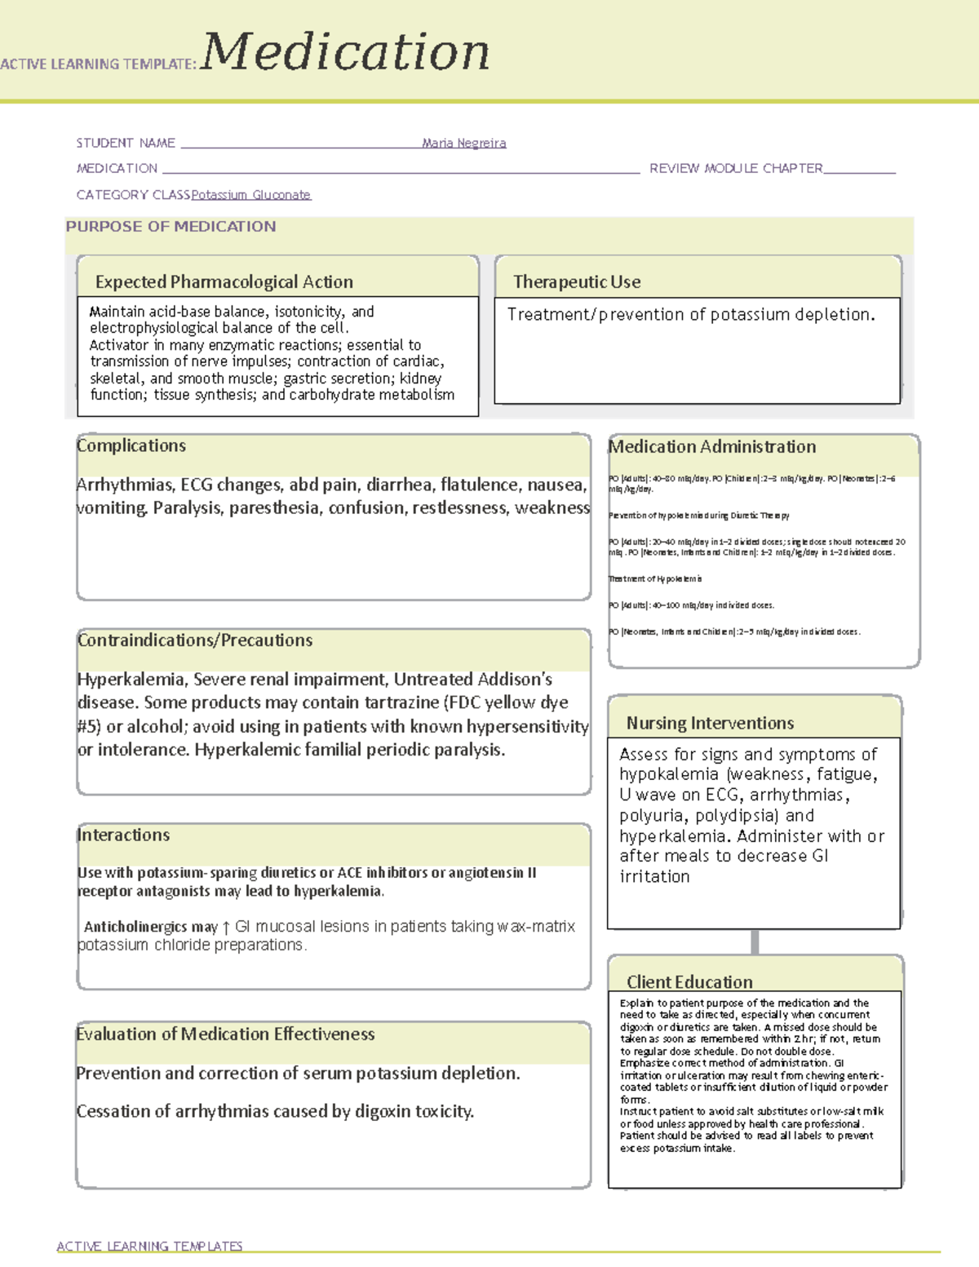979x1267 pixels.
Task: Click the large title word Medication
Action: coord(345,52)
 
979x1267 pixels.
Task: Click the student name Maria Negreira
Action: coord(463,144)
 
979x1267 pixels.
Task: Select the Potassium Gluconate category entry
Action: coord(250,195)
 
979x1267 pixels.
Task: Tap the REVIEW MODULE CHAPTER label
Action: coord(736,169)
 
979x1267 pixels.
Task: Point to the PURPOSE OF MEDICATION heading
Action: coord(171,227)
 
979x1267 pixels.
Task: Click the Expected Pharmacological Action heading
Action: coord(224,282)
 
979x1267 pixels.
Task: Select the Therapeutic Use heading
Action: coord(576,282)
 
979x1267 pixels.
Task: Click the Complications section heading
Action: coord(131,446)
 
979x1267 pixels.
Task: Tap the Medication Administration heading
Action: coord(712,447)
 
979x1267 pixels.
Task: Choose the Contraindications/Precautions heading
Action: coord(195,640)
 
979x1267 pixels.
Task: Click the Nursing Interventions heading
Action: coord(710,724)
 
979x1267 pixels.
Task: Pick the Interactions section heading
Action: coord(124,835)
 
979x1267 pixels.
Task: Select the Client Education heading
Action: coord(689,982)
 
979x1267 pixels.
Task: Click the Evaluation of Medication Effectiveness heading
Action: coord(225,1034)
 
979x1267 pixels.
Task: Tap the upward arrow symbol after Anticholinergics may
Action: coord(226,928)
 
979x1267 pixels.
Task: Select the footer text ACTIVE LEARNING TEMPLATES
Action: coord(149,1246)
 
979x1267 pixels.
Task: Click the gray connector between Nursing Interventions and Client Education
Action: coord(755,941)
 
